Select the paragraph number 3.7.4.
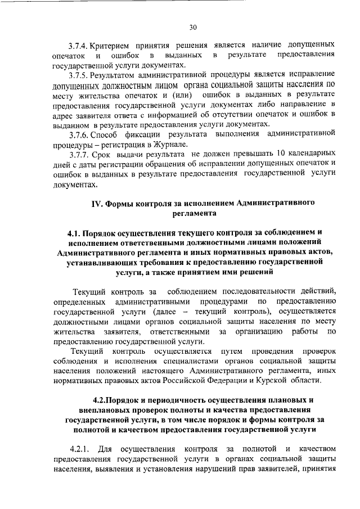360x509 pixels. tap(79, 44)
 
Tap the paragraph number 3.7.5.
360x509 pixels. tap(79, 74)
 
